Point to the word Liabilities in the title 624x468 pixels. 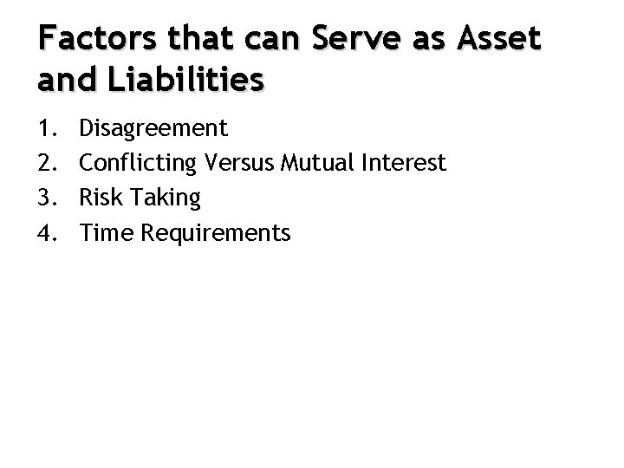(x=183, y=80)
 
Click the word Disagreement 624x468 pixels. (x=153, y=130)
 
